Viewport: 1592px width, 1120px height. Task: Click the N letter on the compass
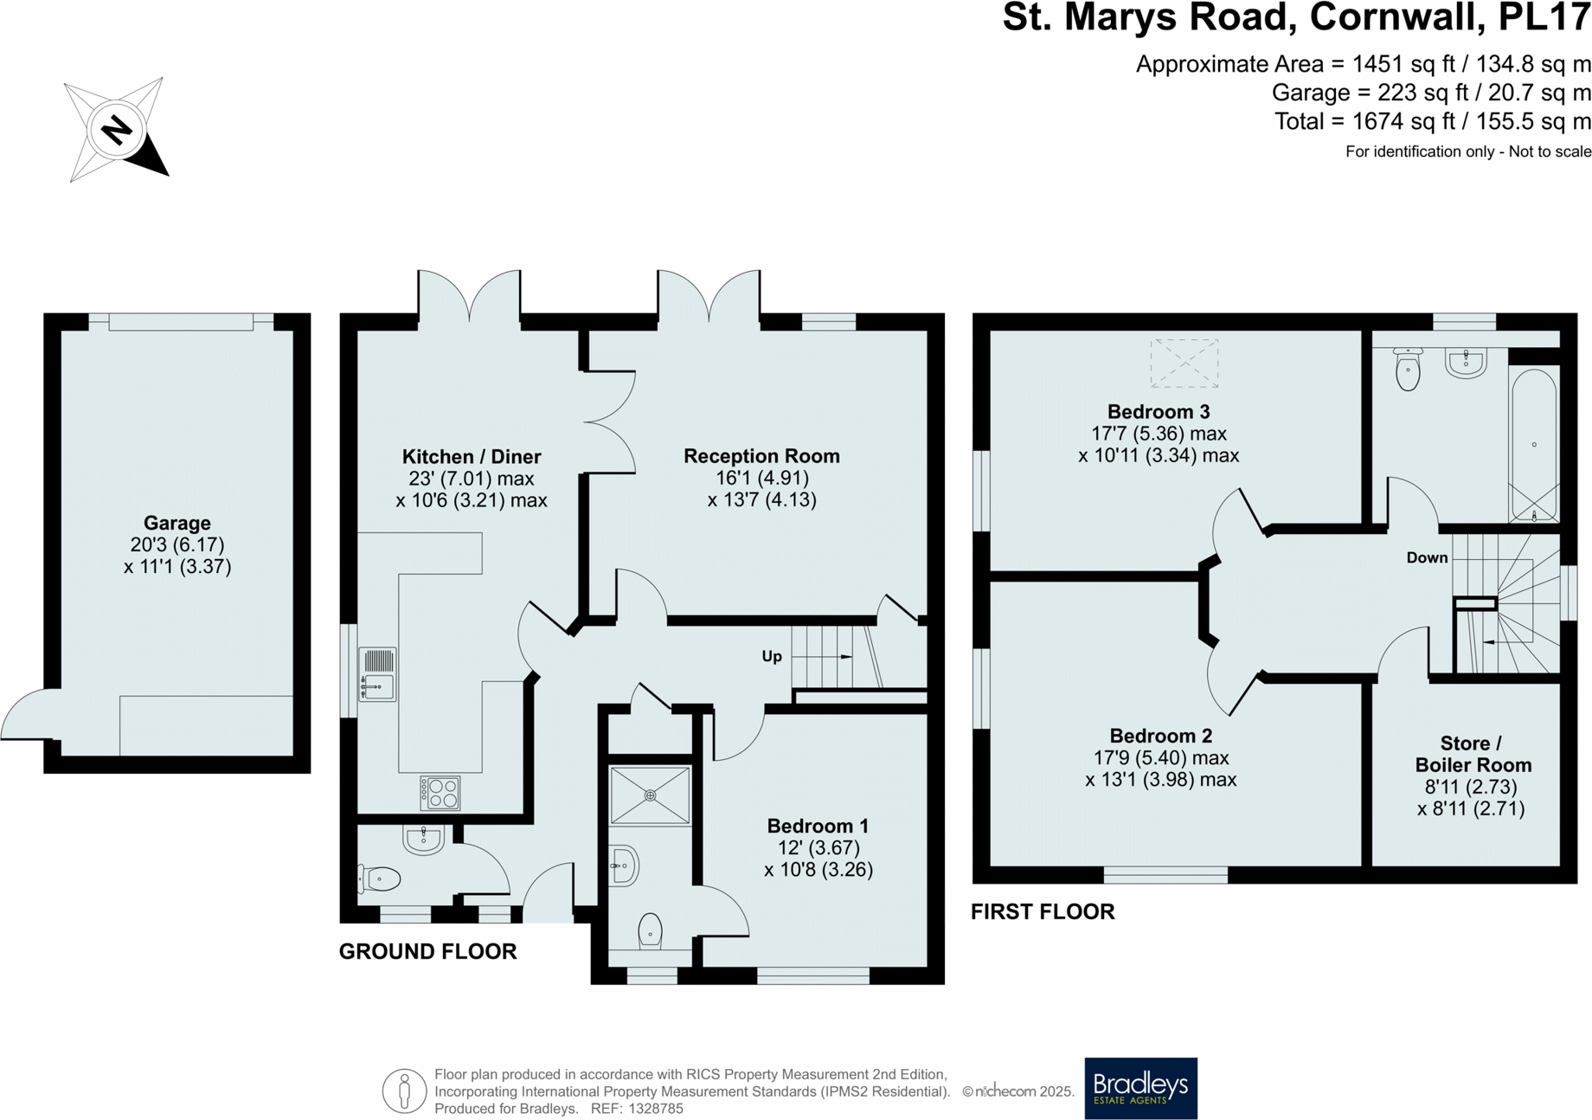116,131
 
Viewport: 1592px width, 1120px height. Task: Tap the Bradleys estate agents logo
1140,1088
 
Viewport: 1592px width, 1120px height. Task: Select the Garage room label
177,523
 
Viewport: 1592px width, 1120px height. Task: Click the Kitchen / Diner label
472,456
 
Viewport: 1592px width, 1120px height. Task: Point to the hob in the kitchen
440,793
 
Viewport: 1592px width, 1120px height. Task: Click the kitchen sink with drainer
378,674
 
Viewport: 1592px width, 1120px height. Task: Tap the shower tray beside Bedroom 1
650,795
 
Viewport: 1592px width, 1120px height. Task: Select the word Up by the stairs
772,656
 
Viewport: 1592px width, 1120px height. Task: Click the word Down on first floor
1427,557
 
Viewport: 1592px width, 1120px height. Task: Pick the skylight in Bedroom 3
1184,363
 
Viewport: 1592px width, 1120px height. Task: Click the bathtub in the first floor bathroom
1533,446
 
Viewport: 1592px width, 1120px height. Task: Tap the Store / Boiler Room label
1473,754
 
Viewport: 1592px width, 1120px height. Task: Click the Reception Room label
761,456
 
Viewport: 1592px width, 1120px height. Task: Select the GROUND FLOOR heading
427,951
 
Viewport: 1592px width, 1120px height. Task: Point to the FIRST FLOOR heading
1043,911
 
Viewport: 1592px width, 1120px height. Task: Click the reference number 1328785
656,1109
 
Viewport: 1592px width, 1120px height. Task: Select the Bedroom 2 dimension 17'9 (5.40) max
1161,757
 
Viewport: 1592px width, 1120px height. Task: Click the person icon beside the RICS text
404,1091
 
